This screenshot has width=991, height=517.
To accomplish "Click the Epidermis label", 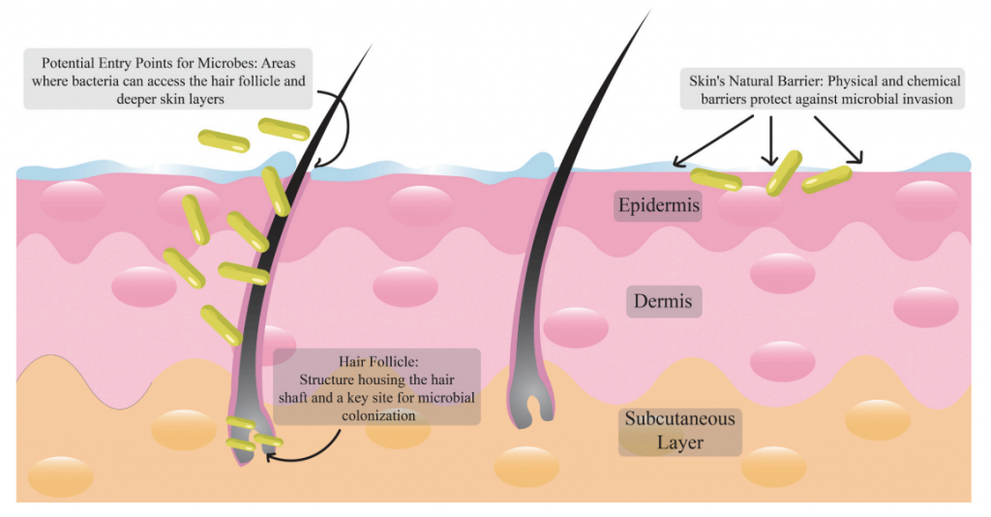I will click(658, 205).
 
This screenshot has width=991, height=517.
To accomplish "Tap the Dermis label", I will click(663, 301).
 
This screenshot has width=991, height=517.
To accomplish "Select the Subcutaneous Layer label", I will click(679, 431).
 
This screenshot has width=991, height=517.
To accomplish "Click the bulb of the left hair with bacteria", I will click(250, 436).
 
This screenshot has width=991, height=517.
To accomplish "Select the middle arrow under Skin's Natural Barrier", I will click(770, 141).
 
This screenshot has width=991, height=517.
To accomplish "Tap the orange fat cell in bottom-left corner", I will click(60, 476).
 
